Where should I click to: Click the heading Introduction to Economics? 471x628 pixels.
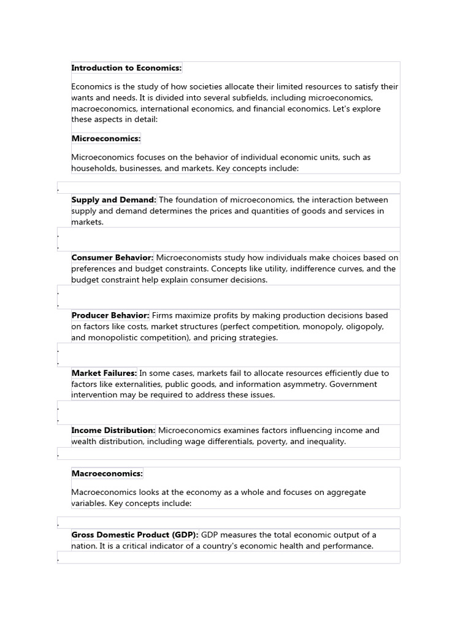tap(126, 68)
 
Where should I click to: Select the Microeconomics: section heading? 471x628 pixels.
tap(105, 139)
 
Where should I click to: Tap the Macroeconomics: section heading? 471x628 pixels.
tap(107, 473)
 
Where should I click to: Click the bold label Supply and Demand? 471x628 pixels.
tap(113, 200)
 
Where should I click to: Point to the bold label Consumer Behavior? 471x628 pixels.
tap(112, 258)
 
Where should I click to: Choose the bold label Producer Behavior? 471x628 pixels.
tap(110, 315)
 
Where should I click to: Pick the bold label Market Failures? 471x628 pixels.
tap(104, 373)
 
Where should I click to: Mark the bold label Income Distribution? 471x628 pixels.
tap(113, 431)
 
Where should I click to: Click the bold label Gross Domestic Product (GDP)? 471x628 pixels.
tap(135, 535)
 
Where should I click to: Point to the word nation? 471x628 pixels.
tap(83, 546)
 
